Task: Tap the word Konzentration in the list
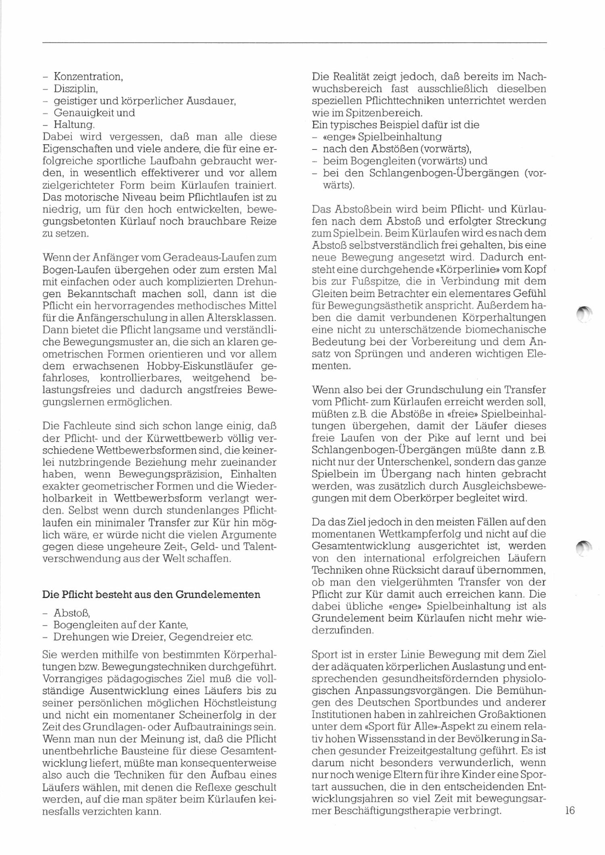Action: pos(88,76)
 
